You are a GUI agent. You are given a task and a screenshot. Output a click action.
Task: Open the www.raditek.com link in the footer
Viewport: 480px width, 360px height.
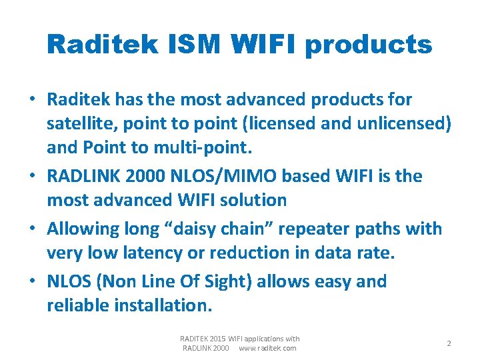267,348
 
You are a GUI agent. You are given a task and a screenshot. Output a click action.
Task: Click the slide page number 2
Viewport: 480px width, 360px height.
449,343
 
